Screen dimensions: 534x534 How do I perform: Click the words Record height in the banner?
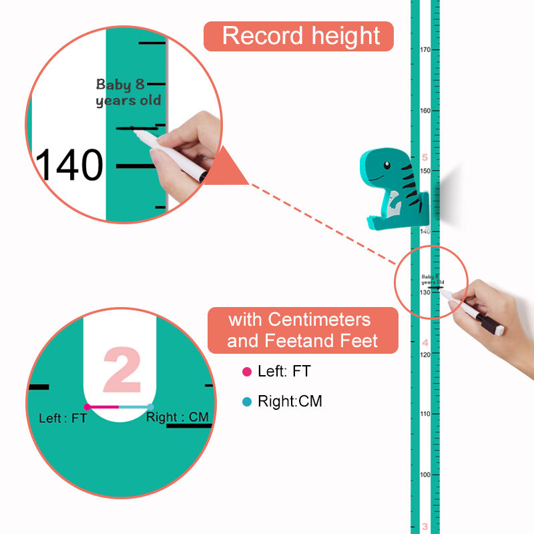(x=301, y=35)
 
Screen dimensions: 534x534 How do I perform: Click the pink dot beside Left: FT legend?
(x=247, y=372)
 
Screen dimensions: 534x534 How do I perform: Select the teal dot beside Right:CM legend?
(x=247, y=402)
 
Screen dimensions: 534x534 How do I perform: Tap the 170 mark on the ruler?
(x=425, y=50)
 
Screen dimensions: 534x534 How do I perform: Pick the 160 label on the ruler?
(x=425, y=111)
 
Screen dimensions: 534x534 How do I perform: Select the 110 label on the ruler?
(x=425, y=414)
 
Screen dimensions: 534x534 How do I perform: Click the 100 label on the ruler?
(x=425, y=475)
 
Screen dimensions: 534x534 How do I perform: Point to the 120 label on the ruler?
(x=425, y=354)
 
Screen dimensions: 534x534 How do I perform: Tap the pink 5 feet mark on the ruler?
(x=425, y=158)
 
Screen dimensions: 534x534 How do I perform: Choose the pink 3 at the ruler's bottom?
(x=425, y=527)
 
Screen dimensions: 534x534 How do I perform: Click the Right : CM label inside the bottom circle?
(x=178, y=417)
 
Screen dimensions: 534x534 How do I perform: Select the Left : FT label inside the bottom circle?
(x=63, y=419)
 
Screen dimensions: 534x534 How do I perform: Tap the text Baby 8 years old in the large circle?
(x=128, y=93)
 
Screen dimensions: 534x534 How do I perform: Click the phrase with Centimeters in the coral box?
(x=299, y=319)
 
